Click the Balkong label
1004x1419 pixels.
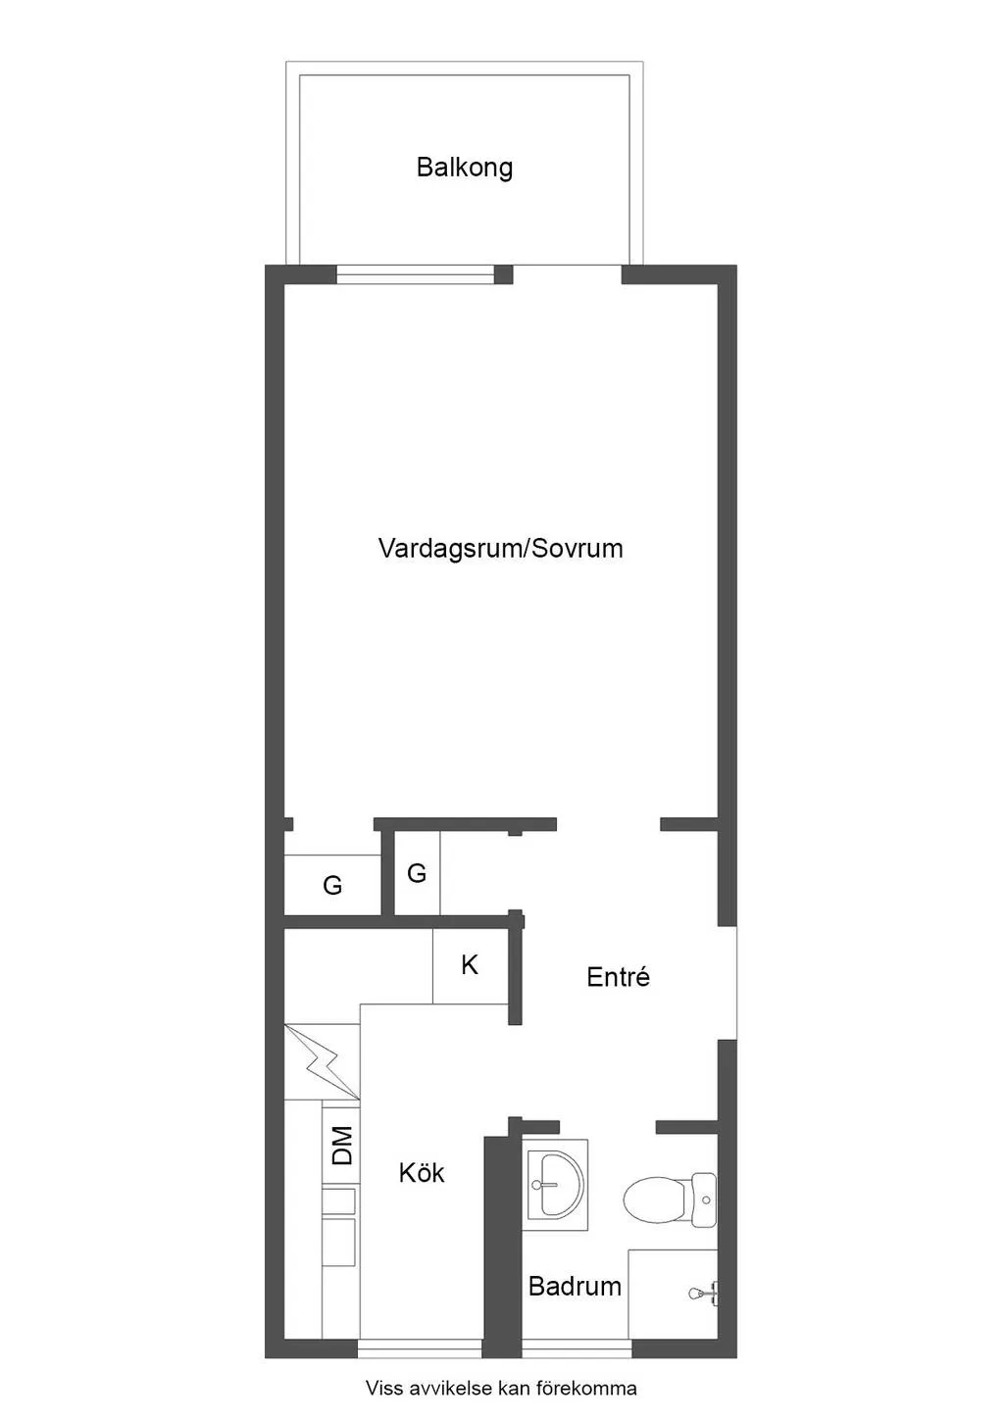pyautogui.click(x=465, y=168)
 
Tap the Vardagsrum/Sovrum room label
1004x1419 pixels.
pyautogui.click(x=501, y=548)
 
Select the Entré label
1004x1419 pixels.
pyautogui.click(x=618, y=976)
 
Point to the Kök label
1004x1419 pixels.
pyautogui.click(x=422, y=1173)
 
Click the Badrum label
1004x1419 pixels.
pyautogui.click(x=575, y=1287)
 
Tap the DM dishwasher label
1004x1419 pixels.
pyautogui.click(x=342, y=1146)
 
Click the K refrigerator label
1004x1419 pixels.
pyautogui.click(x=470, y=965)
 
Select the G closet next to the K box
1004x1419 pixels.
pyautogui.click(x=417, y=873)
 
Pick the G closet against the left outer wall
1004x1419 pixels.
pyautogui.click(x=332, y=885)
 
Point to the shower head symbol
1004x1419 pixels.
pyautogui.click(x=703, y=1293)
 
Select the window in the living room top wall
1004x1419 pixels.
pyautogui.click(x=415, y=275)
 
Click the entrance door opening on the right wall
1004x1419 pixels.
pyautogui.click(x=727, y=983)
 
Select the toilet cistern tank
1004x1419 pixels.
pyautogui.click(x=704, y=1199)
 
